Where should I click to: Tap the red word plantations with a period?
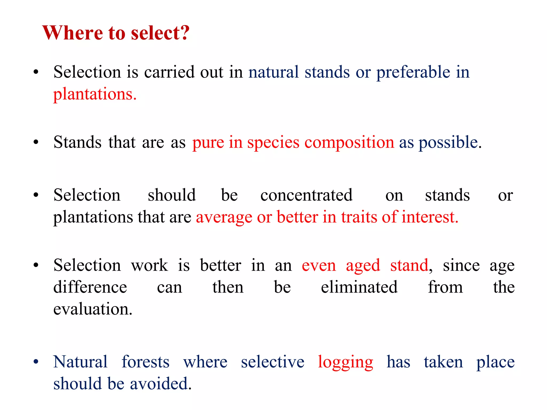click(x=95, y=94)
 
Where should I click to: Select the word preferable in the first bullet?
click(x=413, y=72)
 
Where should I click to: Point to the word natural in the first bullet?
click(x=273, y=72)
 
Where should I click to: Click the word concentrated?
click(x=306, y=195)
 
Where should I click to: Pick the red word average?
click(x=224, y=217)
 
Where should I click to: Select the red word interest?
click(x=430, y=217)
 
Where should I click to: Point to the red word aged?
click(x=363, y=266)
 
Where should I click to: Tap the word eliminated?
click(x=359, y=287)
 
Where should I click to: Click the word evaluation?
click(x=93, y=309)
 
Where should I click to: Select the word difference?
click(x=90, y=287)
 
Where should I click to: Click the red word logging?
click(x=345, y=362)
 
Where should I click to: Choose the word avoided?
click(x=161, y=384)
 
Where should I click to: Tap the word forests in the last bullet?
click(x=145, y=362)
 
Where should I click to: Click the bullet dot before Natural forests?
click(x=36, y=362)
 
